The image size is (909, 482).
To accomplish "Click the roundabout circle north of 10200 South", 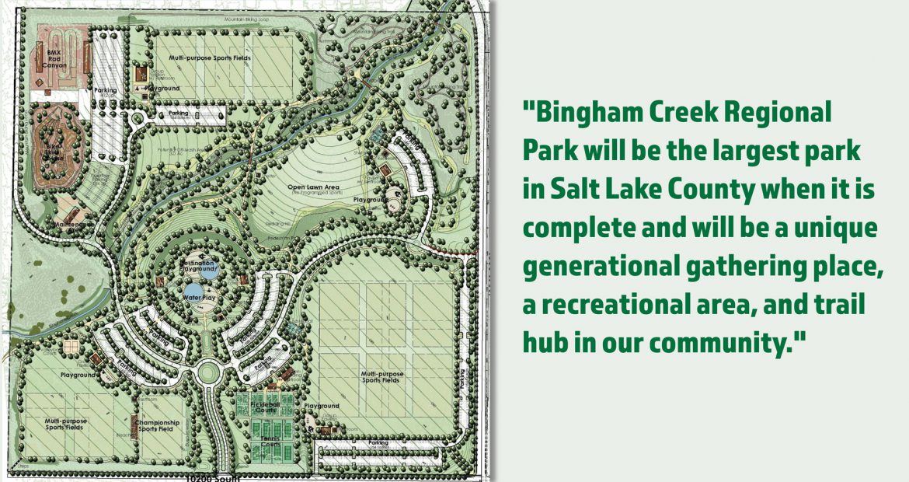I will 209,372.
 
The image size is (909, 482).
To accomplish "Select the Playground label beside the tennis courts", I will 322,406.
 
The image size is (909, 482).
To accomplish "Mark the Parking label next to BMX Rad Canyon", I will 106,90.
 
